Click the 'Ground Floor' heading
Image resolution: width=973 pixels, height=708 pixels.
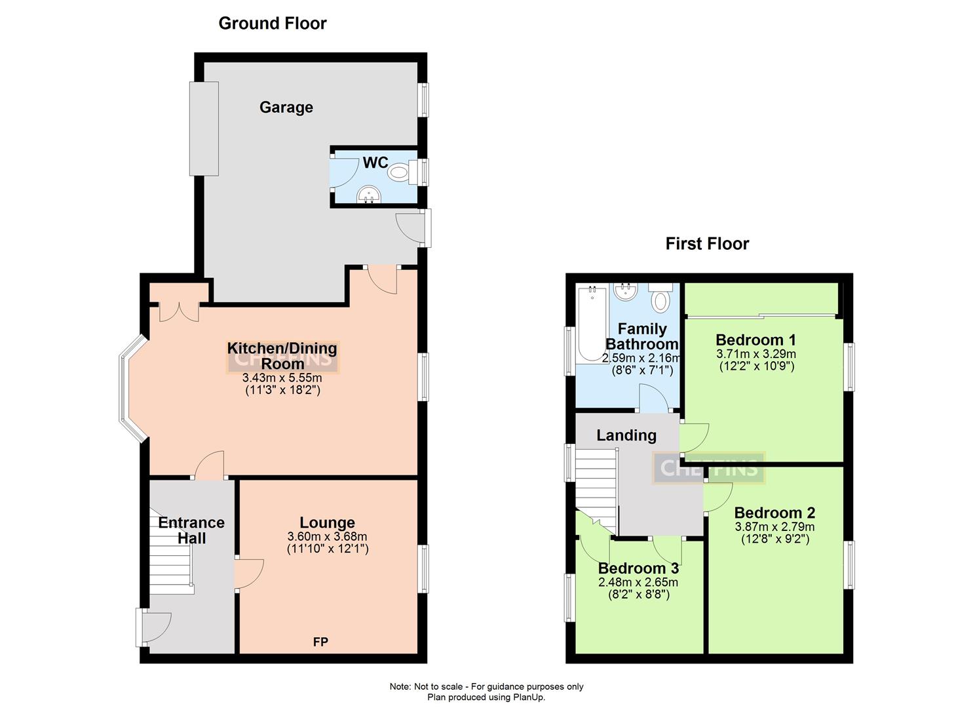click(272, 24)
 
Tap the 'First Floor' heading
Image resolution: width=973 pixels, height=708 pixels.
click(707, 244)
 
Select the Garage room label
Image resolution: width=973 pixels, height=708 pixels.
click(286, 108)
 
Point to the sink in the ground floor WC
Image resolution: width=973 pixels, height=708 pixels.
click(369, 194)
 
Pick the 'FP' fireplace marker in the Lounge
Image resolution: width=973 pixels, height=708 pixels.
click(320, 642)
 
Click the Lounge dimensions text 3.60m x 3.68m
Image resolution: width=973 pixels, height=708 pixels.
click(327, 536)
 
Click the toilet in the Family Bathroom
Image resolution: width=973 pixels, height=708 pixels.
click(660, 298)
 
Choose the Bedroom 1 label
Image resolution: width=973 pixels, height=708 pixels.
click(755, 340)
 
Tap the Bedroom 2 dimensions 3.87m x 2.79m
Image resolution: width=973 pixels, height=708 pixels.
click(774, 526)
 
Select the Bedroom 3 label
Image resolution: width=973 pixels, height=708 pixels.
click(638, 568)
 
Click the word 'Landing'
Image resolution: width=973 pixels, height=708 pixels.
click(626, 435)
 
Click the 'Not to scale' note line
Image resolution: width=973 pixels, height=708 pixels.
click(486, 686)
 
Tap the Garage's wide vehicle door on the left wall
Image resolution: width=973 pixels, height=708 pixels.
click(204, 128)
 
